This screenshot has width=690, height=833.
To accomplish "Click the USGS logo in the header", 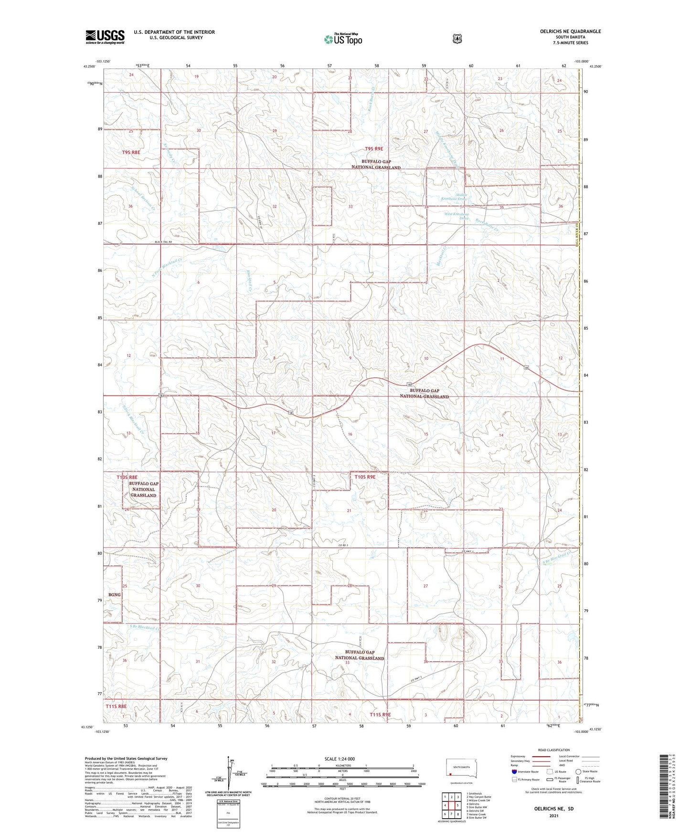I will point(105,37).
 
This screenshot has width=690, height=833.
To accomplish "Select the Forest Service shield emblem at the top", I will point(457,39).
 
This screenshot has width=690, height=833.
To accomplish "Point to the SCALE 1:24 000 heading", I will point(340,759).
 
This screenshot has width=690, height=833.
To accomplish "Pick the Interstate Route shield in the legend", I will point(514,771).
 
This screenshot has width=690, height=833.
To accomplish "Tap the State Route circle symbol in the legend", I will point(578,771).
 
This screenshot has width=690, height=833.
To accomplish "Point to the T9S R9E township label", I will point(375,149).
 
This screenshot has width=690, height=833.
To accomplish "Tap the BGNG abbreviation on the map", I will point(114,595).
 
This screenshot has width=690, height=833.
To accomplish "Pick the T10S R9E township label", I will point(365,477).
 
